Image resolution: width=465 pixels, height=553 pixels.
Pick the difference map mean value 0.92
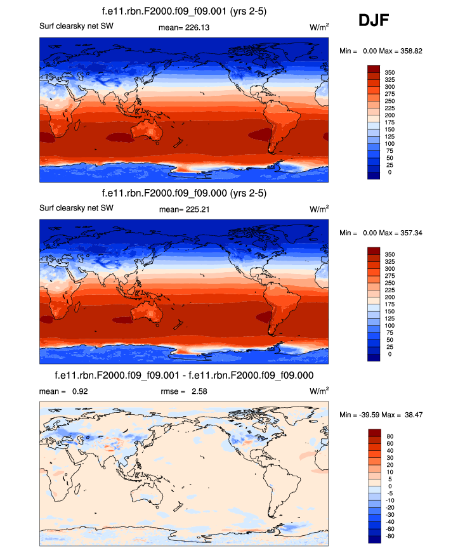[80, 391]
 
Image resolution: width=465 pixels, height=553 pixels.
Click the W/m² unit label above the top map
[318, 27]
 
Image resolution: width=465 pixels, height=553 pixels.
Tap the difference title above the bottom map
[184, 375]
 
